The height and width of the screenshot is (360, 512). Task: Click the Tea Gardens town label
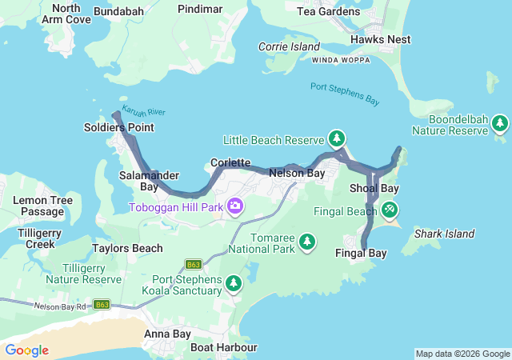tap(327, 11)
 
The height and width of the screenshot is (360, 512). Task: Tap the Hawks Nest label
tap(380, 39)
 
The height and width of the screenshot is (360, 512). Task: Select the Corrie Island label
tap(289, 47)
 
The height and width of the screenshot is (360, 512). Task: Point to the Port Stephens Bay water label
tap(344, 93)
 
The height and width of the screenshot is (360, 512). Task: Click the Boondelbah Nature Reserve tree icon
tap(500, 123)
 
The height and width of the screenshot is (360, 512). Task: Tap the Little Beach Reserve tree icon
tap(337, 138)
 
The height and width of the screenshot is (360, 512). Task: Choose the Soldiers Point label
tap(118, 128)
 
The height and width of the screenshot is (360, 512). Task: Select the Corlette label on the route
tap(230, 162)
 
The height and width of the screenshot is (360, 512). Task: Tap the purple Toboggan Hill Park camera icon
tap(235, 207)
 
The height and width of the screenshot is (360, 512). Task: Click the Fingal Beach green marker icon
tap(389, 210)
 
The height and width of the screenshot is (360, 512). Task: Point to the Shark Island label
tap(444, 234)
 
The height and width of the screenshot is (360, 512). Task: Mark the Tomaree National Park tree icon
tap(306, 242)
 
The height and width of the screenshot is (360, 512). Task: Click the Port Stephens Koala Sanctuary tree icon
tap(233, 283)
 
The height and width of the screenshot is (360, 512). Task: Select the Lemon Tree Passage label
tap(42, 206)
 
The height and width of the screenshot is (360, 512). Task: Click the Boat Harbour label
tap(223, 347)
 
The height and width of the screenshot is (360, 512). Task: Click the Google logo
tap(27, 350)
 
